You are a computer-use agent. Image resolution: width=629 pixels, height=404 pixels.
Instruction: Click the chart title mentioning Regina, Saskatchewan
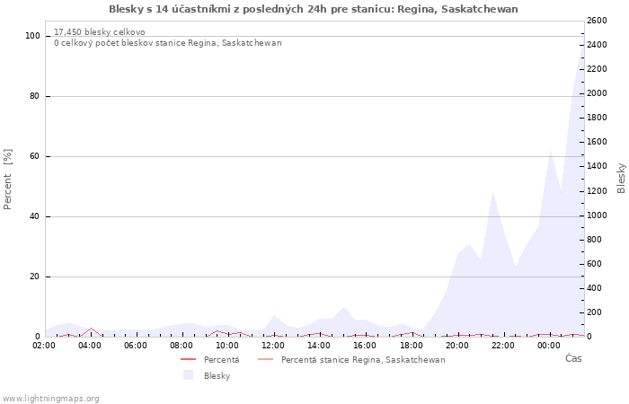click(313, 9)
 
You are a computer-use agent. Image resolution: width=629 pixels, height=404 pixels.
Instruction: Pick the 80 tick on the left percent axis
click(34, 96)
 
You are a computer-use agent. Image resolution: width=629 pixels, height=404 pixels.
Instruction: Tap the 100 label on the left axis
click(32, 36)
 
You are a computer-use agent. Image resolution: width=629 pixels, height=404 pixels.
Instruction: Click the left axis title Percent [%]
click(9, 179)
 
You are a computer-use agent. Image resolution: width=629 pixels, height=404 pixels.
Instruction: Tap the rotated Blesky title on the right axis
click(621, 178)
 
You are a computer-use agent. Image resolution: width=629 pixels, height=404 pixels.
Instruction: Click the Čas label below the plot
click(572, 358)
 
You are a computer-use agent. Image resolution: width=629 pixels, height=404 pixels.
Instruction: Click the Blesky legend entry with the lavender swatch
click(217, 376)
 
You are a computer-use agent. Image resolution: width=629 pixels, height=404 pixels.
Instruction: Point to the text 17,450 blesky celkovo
click(99, 31)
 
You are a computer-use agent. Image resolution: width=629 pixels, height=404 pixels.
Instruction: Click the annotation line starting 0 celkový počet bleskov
click(167, 42)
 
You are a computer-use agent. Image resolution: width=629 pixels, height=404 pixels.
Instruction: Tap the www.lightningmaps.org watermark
click(50, 399)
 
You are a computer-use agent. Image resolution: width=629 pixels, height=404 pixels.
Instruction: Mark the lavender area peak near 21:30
click(492, 193)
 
